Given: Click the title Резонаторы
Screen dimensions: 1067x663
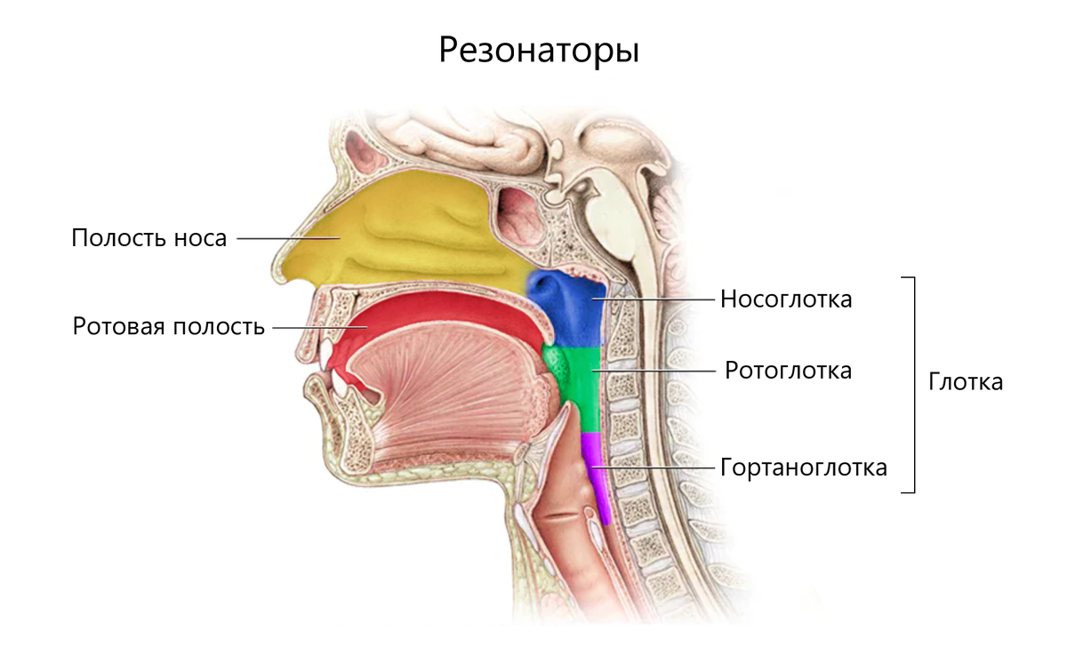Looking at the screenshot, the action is (x=539, y=50).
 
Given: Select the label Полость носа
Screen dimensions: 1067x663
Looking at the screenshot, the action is (x=149, y=238).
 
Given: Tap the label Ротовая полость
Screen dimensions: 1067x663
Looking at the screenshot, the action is (x=169, y=326).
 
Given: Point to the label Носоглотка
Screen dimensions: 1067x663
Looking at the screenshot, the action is (x=786, y=300).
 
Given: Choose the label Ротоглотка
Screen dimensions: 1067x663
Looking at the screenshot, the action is (x=788, y=370).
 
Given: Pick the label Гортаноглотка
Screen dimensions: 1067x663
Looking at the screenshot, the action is (x=803, y=467).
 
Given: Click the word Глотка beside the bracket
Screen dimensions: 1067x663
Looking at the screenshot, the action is (x=966, y=382).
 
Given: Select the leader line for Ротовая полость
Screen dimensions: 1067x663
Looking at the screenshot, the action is (x=316, y=327).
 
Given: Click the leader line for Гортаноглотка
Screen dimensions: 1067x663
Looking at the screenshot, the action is (x=654, y=467).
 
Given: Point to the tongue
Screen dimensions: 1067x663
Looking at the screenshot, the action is (x=445, y=391).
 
